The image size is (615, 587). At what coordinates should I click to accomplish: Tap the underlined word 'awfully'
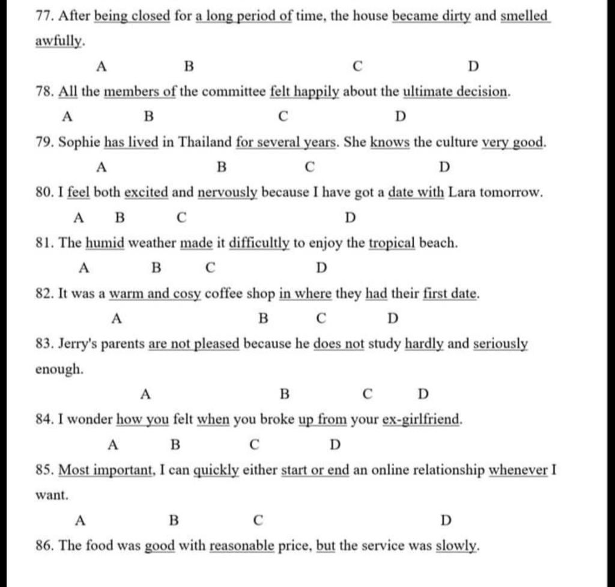[x=59, y=42]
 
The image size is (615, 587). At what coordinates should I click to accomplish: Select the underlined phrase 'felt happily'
[x=304, y=92]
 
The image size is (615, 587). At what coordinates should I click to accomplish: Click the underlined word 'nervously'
[x=228, y=193]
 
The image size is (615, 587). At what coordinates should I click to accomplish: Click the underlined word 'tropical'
[x=392, y=244]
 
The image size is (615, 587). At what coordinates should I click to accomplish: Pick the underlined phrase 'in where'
[x=305, y=294]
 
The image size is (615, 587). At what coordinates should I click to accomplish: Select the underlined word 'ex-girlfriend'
[x=422, y=419]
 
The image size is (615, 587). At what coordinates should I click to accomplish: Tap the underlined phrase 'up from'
[x=323, y=419]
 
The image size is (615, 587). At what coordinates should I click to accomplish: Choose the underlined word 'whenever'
[x=518, y=470]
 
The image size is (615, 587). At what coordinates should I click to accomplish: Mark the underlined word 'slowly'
[x=456, y=547]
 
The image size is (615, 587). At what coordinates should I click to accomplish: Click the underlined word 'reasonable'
[x=242, y=547]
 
